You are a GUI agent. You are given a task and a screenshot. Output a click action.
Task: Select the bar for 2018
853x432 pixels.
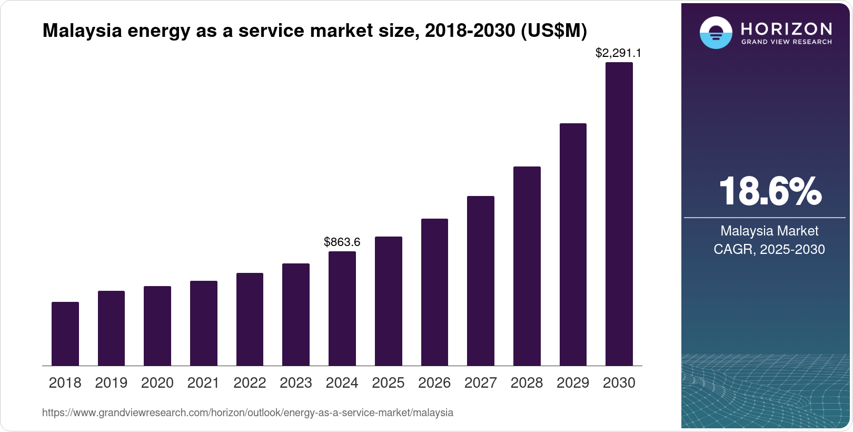coord(65,334)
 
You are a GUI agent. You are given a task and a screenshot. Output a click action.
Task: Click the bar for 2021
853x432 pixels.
coord(204,323)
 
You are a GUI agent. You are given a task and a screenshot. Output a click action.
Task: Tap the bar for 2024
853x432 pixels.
coord(342,309)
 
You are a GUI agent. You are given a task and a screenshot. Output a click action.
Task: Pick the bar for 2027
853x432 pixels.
coord(481,281)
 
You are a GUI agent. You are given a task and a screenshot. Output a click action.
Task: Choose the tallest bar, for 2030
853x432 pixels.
coord(619,214)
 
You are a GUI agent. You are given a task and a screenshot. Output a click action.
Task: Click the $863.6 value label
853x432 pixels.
coord(342,242)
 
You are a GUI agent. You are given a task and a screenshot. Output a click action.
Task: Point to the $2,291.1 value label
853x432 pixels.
coord(618,53)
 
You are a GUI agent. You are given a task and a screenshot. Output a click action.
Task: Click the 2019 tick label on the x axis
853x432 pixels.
coord(111,382)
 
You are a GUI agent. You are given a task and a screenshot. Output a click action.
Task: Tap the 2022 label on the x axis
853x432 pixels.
coord(250,382)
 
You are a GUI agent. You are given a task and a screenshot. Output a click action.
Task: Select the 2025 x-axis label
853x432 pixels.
coord(388,382)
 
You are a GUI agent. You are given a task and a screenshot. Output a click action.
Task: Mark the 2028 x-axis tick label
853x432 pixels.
coord(527,382)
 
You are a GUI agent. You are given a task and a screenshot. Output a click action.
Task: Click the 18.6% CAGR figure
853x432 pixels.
coord(769,191)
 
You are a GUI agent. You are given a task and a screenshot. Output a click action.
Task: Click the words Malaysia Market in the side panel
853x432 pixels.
coord(769,231)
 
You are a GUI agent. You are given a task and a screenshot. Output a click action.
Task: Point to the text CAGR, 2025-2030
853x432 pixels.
coord(769,249)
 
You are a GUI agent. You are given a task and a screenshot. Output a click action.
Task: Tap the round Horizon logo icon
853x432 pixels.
coord(716,33)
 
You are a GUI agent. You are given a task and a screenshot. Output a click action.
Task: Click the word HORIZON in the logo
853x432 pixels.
coord(787,28)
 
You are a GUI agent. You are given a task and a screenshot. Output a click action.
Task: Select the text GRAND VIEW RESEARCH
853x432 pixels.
coord(787,42)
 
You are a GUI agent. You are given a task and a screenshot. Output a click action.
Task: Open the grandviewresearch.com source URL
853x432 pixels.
coord(247,413)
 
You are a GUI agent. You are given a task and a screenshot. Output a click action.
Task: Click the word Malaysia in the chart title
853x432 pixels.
coord(82,31)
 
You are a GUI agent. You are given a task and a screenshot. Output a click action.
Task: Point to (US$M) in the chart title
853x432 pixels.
coord(553,31)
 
